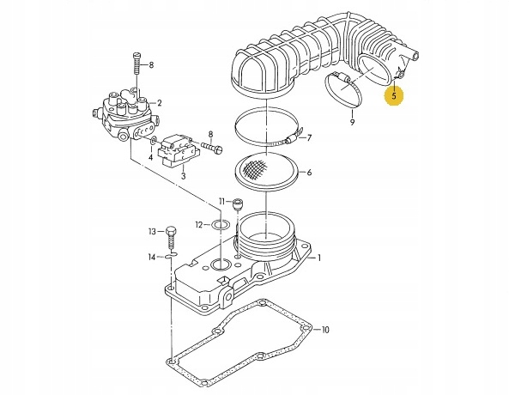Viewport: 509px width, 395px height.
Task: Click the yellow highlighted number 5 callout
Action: point(394,96)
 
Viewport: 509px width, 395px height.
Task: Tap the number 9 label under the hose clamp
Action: point(351,124)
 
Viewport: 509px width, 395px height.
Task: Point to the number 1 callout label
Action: point(320,258)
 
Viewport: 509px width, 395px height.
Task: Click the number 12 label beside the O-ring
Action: point(197,225)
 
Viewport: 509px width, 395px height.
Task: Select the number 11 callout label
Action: point(221,201)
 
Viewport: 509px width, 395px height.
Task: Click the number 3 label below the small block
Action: point(182,176)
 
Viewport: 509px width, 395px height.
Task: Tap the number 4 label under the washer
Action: point(151,158)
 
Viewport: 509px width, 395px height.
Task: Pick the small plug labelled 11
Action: point(238,204)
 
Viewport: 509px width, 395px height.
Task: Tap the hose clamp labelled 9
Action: point(348,93)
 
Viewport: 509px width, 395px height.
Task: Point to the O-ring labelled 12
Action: point(220,225)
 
